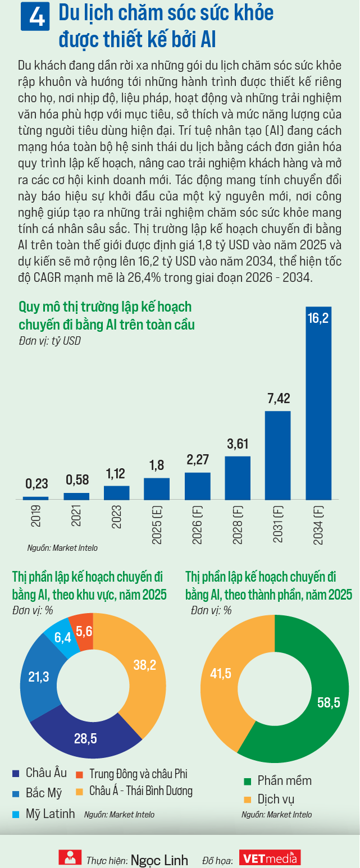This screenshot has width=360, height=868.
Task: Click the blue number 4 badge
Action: click(35, 16)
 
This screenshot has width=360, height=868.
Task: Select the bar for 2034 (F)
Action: click(318, 403)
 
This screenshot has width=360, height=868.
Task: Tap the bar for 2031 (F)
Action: click(278, 455)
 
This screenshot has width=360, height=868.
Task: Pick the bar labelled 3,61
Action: click(238, 478)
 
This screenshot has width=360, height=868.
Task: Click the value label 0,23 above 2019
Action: click(37, 483)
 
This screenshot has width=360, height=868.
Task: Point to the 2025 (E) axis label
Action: click(157, 525)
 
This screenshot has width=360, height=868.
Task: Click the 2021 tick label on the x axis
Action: click(76, 515)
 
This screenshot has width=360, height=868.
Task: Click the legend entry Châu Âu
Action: click(39, 773)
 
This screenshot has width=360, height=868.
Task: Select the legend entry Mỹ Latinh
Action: click(43, 814)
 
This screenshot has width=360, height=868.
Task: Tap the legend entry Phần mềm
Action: click(278, 781)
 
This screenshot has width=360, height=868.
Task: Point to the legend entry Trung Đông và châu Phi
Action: click(132, 774)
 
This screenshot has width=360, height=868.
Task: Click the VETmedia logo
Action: click(270, 858)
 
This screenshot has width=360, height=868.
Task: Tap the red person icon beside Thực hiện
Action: click(70, 857)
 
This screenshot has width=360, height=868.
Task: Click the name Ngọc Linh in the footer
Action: click(160, 860)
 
